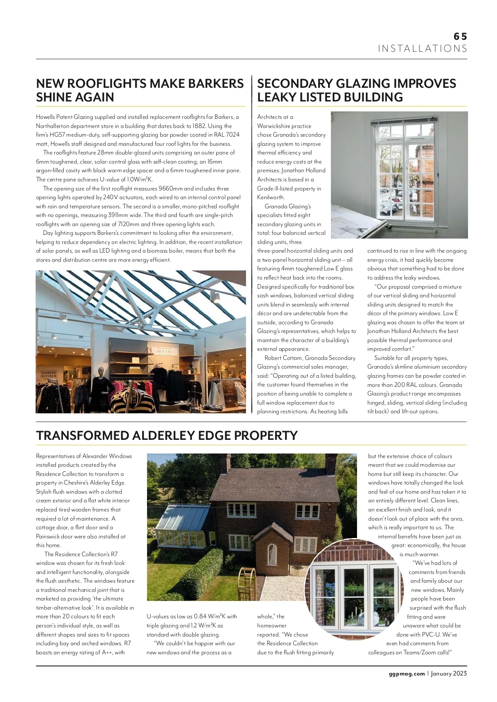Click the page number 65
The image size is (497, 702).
tap(460, 36)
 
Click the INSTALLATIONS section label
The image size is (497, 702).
tap(422, 49)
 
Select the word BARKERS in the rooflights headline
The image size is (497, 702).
tap(216, 84)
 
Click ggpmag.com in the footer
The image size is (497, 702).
tap(407, 673)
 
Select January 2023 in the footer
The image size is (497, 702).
tap(449, 673)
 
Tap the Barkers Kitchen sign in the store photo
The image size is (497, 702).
tap(48, 374)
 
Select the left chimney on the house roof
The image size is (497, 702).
tap(225, 463)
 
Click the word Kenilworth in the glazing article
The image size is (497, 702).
tap(270, 198)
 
